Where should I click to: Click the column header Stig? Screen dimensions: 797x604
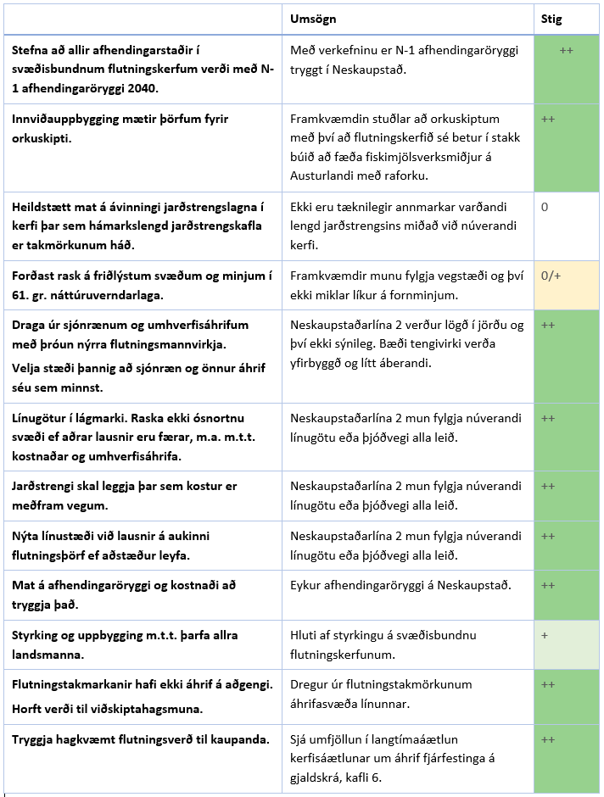point(551,19)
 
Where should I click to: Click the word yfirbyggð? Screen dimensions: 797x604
point(320,362)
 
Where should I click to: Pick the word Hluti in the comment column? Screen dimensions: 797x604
point(303,635)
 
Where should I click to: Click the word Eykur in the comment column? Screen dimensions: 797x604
point(306,585)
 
